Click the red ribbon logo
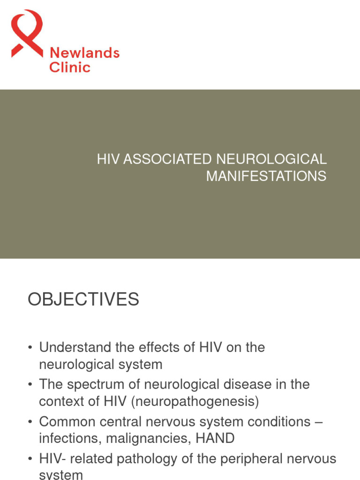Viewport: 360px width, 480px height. tap(27, 33)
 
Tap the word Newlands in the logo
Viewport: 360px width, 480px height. tap(84, 53)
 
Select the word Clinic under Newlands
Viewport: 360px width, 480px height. tap(70, 67)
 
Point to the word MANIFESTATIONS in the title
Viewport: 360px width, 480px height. tap(266, 176)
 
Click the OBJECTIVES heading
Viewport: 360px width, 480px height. tap(83, 299)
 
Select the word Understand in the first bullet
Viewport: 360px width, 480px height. tap(75, 347)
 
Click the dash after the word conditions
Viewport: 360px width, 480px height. tap(319, 422)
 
